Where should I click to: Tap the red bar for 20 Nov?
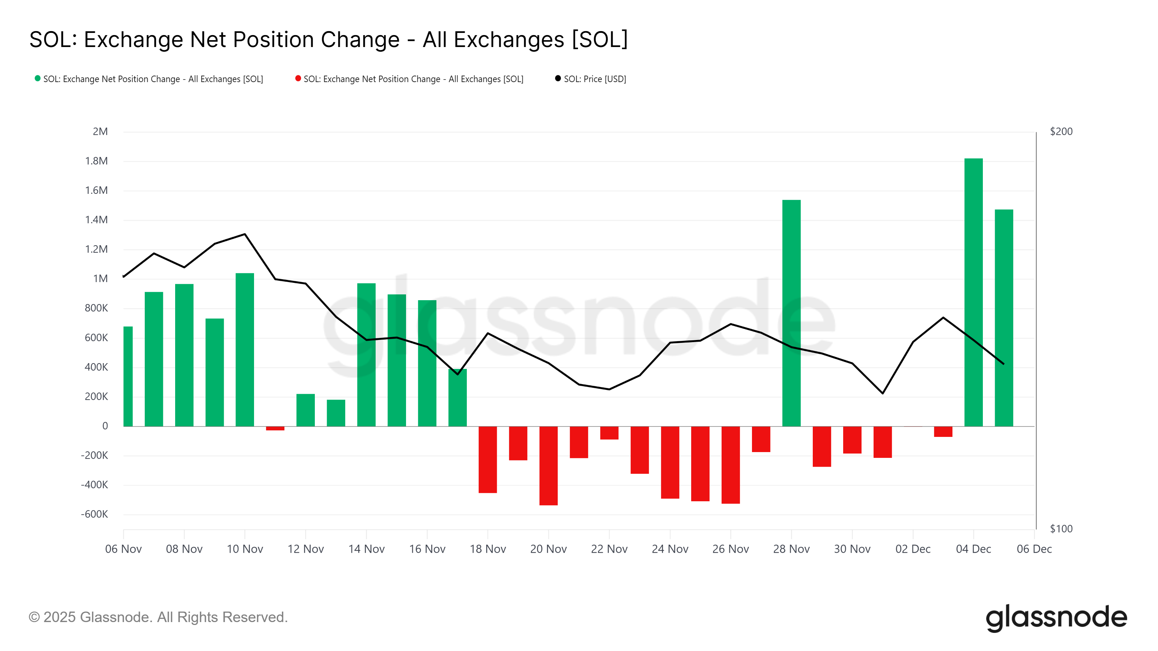(549, 465)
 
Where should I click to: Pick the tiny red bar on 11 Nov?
(275, 428)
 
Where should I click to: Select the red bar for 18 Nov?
(488, 459)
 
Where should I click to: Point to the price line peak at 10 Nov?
(245, 234)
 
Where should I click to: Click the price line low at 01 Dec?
(883, 393)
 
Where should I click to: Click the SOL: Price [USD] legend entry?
(594, 79)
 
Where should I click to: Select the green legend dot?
(38, 78)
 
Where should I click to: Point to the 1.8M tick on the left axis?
(97, 161)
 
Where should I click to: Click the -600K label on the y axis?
(94, 514)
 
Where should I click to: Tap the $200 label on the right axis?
(1061, 132)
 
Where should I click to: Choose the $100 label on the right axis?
(1061, 528)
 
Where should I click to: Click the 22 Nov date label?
(609, 549)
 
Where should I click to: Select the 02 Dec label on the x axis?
(913, 549)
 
